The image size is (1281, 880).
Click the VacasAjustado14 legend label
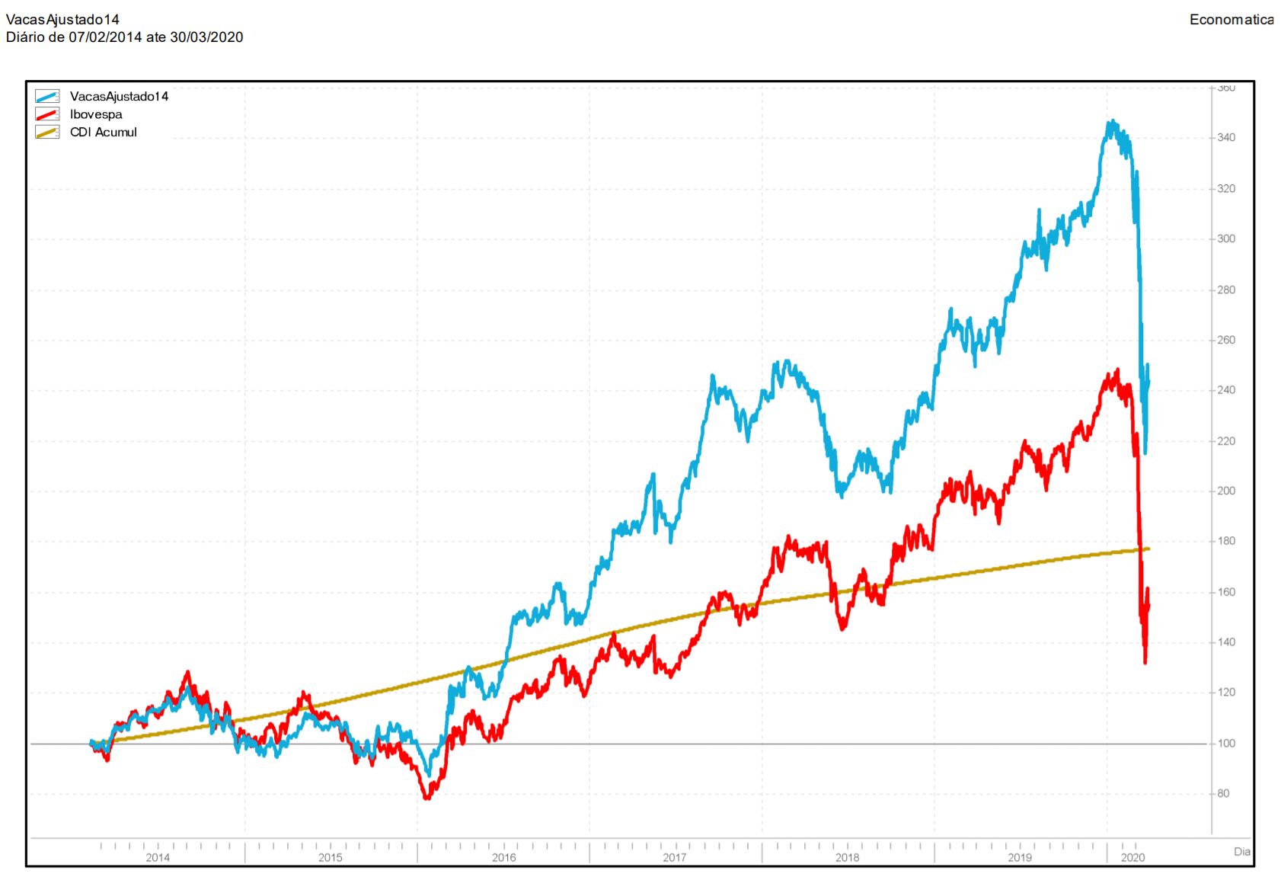119,97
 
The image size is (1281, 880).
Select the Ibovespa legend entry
96,114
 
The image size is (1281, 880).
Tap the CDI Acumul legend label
104,133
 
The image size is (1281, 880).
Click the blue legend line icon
47,97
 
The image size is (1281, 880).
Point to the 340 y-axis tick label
1226,138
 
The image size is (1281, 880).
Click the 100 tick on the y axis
1226,744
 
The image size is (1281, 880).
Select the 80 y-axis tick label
1223,794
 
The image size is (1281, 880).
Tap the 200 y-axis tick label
1226,491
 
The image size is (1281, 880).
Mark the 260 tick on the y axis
1226,341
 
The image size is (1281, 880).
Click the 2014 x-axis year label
158,858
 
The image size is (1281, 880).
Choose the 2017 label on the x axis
675,858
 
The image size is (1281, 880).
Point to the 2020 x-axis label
1133,858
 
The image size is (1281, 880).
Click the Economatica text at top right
1231,20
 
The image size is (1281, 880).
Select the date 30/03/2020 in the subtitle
206,37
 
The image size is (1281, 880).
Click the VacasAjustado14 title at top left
62,20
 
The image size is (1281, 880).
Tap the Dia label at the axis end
1242,852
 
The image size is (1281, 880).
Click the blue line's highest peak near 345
1113,121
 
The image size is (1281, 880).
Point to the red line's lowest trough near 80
426,798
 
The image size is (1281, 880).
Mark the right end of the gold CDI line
1148,549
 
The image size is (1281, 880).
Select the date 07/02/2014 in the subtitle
105,37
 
